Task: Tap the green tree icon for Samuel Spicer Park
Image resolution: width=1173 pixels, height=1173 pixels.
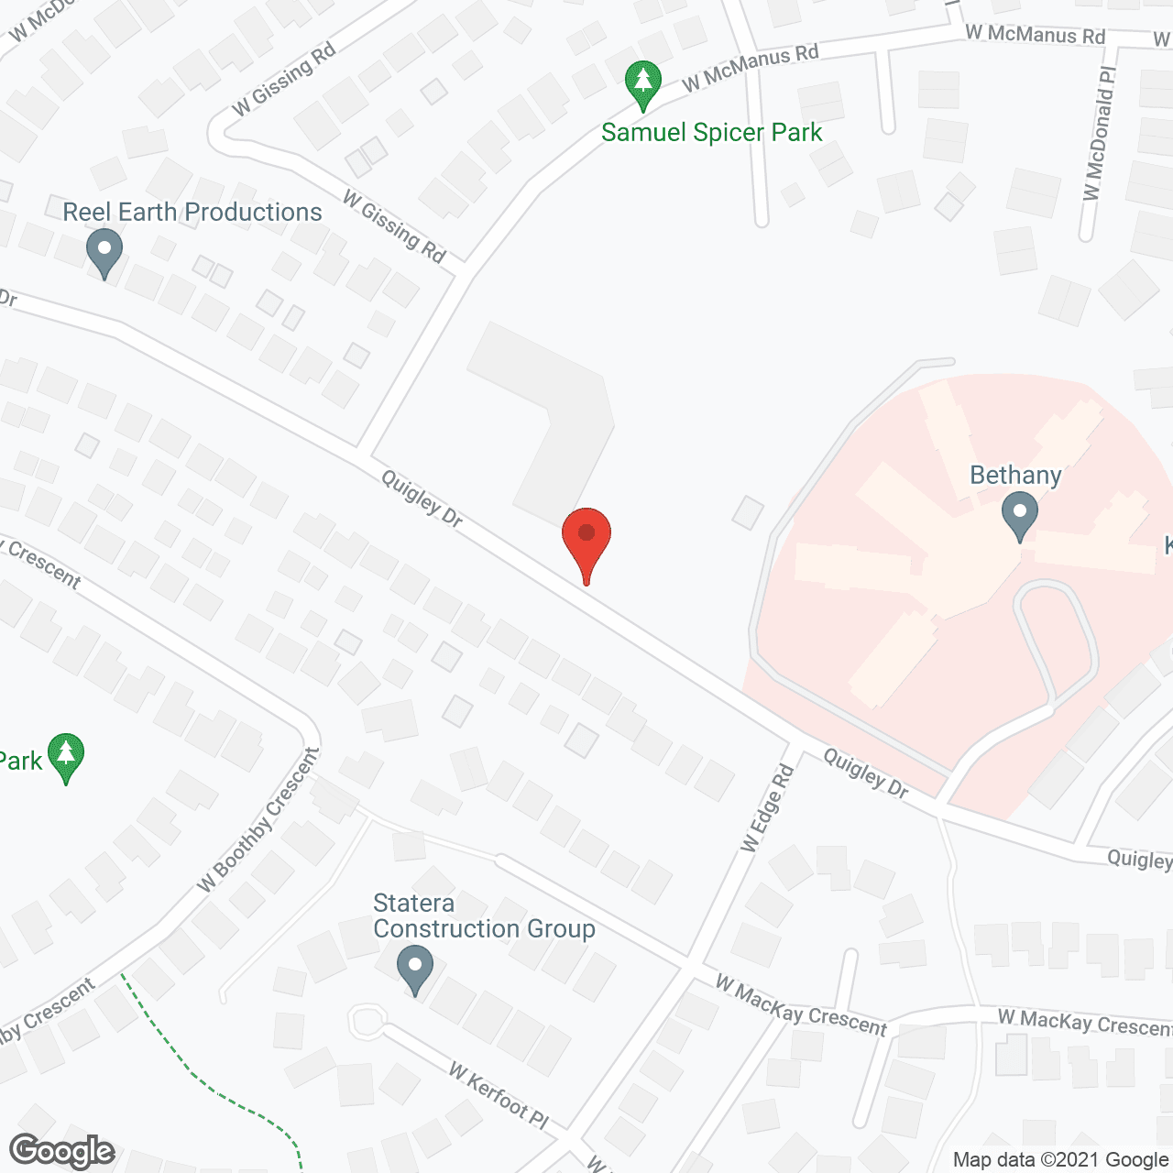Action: pos(643,84)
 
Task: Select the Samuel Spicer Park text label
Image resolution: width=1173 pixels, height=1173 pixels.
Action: pos(712,133)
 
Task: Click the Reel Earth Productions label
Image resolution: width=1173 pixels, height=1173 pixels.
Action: pos(192,213)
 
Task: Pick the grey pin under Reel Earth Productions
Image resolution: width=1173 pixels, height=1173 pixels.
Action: pos(104,253)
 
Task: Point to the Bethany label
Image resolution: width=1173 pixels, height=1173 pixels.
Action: pos(1015,476)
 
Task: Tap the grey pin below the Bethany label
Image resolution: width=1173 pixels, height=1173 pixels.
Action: pos(1019,515)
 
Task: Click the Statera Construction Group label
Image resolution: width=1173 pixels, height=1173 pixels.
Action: pos(484,916)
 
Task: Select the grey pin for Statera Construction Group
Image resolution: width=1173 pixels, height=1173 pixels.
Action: pos(415,970)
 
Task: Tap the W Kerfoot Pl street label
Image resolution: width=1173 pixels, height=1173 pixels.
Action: pos(499,1095)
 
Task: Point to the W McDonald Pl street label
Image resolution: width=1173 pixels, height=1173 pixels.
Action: pos(1099,133)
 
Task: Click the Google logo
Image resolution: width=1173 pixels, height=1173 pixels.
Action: pos(62,1151)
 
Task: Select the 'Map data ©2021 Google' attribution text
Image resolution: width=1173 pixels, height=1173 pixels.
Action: pos(1060,1160)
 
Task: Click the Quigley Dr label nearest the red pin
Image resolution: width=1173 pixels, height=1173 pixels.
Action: pos(422,499)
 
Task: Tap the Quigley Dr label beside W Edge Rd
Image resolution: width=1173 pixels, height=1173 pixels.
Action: pos(865,773)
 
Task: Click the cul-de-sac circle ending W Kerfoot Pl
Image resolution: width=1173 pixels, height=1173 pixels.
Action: pos(367,1022)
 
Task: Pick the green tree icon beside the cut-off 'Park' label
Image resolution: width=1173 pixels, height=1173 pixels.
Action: pos(66,756)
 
